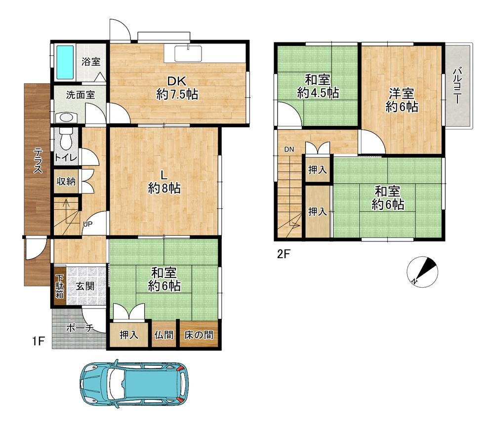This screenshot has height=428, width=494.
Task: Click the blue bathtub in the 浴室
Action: (65, 62)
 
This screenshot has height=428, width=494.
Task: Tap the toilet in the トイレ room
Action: (66, 139)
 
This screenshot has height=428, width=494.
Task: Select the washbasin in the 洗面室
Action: (66, 118)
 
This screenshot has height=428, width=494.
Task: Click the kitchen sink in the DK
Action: (188, 53)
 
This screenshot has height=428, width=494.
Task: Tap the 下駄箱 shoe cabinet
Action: (60, 286)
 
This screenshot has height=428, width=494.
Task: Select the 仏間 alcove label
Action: (164, 335)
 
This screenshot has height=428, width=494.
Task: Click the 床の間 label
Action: (199, 335)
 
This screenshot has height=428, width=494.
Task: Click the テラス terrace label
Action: (38, 160)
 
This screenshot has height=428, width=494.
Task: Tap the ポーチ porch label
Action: (80, 328)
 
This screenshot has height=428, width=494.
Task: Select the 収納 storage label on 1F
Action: (66, 181)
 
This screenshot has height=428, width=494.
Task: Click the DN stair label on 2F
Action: (289, 149)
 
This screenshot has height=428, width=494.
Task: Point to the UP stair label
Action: (87, 224)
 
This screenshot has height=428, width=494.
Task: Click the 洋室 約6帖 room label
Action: (402, 101)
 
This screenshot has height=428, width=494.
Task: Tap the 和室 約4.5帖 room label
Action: (318, 86)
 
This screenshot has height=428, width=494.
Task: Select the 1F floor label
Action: (38, 341)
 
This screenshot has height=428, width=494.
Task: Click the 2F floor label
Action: (283, 254)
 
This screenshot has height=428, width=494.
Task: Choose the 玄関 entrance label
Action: (85, 286)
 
